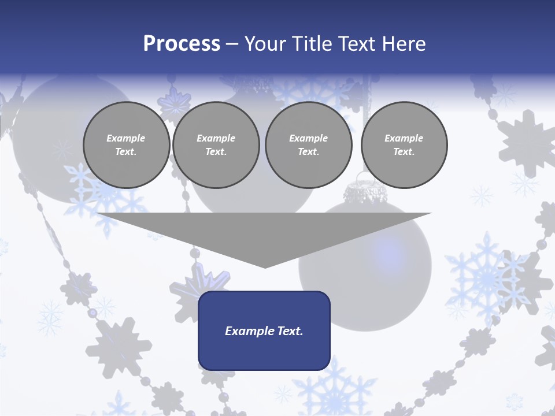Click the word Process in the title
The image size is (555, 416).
pyautogui.click(x=182, y=44)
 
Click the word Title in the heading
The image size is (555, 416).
pyautogui.click(x=311, y=44)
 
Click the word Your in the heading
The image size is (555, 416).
pyautogui.click(x=265, y=44)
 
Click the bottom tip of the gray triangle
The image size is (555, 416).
pyautogui.click(x=265, y=266)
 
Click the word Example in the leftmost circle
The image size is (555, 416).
pyautogui.click(x=126, y=138)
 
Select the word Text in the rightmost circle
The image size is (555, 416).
pyautogui.click(x=404, y=151)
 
